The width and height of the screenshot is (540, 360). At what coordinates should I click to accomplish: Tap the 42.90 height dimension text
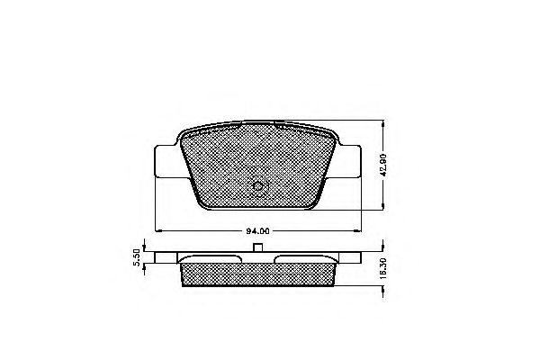pyautogui.click(x=386, y=167)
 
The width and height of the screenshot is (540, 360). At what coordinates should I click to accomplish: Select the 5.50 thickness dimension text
pyautogui.click(x=138, y=258)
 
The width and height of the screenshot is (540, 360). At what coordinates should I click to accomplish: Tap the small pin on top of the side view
pyautogui.click(x=257, y=248)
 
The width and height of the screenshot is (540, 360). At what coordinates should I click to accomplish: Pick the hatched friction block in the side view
pyautogui.click(x=257, y=272)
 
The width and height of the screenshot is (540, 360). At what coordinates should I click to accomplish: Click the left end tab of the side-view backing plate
pyautogui.click(x=163, y=257)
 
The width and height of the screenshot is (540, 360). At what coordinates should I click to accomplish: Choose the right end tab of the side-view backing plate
pyautogui.click(x=352, y=257)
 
